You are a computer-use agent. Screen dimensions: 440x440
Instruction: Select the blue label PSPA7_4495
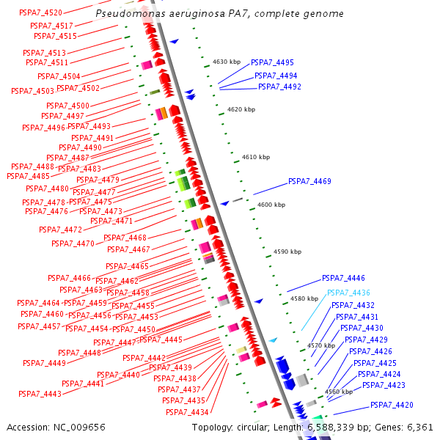272,63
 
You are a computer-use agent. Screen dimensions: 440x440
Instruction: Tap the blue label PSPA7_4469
309,181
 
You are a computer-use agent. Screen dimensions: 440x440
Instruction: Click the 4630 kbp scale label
227,62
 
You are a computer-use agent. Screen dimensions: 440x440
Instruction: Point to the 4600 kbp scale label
271,205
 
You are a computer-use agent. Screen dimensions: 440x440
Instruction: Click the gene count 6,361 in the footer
419,426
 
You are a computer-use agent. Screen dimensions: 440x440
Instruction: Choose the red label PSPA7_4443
42,395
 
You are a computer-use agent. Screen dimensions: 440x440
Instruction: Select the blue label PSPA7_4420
392,405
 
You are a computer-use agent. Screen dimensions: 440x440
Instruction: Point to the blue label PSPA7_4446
343,279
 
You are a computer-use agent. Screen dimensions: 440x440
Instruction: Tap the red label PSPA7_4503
32,91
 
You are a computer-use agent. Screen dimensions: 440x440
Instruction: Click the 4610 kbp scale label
256,157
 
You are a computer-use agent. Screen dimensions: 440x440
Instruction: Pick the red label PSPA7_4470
73,243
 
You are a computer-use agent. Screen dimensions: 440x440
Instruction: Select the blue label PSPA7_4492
279,87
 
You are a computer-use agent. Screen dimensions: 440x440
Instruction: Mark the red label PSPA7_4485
28,176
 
